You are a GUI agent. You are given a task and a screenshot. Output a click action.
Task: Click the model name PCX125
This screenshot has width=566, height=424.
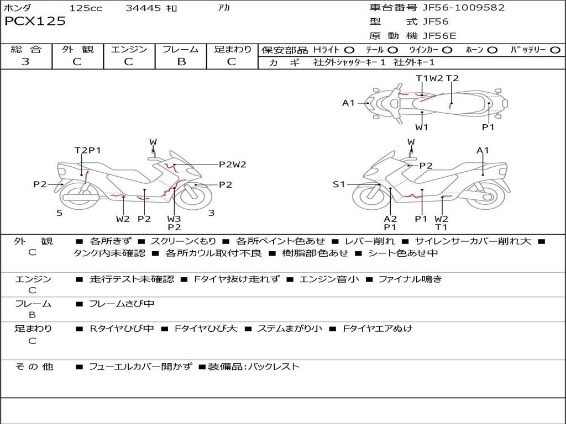[35, 22]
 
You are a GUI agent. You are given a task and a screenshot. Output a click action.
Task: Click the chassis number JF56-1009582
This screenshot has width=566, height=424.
[455, 8]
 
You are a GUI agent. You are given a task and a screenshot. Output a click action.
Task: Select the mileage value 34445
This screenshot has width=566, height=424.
[143, 8]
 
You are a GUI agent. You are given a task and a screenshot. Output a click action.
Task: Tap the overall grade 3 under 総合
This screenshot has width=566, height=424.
[25, 62]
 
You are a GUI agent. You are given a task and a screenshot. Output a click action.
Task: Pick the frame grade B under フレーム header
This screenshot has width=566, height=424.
[181, 62]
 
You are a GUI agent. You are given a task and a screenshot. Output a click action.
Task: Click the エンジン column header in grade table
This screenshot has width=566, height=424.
[129, 50]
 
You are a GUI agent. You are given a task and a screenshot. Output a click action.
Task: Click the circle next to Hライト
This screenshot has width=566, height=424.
[349, 50]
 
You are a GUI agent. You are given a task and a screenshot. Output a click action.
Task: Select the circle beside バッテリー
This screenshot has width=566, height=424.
[554, 50]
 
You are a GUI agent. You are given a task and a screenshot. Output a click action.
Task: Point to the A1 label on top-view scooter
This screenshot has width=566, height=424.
[348, 103]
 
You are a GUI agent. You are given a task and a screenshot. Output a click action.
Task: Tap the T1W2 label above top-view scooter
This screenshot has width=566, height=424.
[429, 78]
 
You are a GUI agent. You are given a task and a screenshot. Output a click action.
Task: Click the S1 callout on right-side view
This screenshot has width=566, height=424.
[339, 184]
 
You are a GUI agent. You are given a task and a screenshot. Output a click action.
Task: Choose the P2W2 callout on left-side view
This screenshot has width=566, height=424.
[233, 164]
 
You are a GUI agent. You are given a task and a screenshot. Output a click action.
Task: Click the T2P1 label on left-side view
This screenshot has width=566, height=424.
[88, 150]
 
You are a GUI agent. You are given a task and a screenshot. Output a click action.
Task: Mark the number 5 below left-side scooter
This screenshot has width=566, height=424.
[59, 213]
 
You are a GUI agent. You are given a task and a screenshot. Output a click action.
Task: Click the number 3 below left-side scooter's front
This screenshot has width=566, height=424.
[211, 213]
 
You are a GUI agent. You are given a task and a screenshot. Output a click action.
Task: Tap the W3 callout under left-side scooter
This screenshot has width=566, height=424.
[174, 219]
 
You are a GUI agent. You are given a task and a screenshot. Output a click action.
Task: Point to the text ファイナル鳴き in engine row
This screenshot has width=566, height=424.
[410, 279]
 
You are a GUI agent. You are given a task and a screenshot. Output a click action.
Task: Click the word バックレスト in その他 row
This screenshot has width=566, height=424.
[274, 367]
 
